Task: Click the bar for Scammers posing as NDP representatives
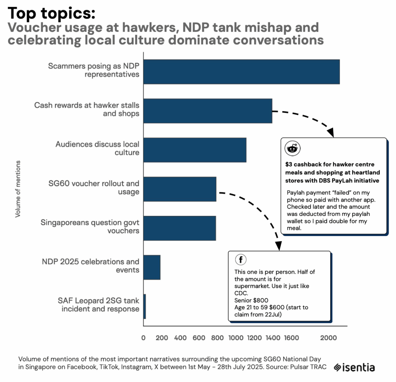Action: (241, 72)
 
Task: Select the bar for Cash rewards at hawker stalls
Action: (208, 111)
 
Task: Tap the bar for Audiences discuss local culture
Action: (195, 150)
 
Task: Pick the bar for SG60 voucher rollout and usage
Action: (179, 189)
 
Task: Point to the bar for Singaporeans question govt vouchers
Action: (179, 228)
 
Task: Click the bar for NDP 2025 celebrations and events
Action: (152, 267)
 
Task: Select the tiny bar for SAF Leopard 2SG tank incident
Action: (145, 306)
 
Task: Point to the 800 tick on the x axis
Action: (217, 338)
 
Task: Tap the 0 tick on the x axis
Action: (143, 338)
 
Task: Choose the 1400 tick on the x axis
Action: (273, 338)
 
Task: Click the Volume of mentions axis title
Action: (18, 189)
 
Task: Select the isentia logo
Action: (354, 367)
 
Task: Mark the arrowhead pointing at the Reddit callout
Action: (330, 133)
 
